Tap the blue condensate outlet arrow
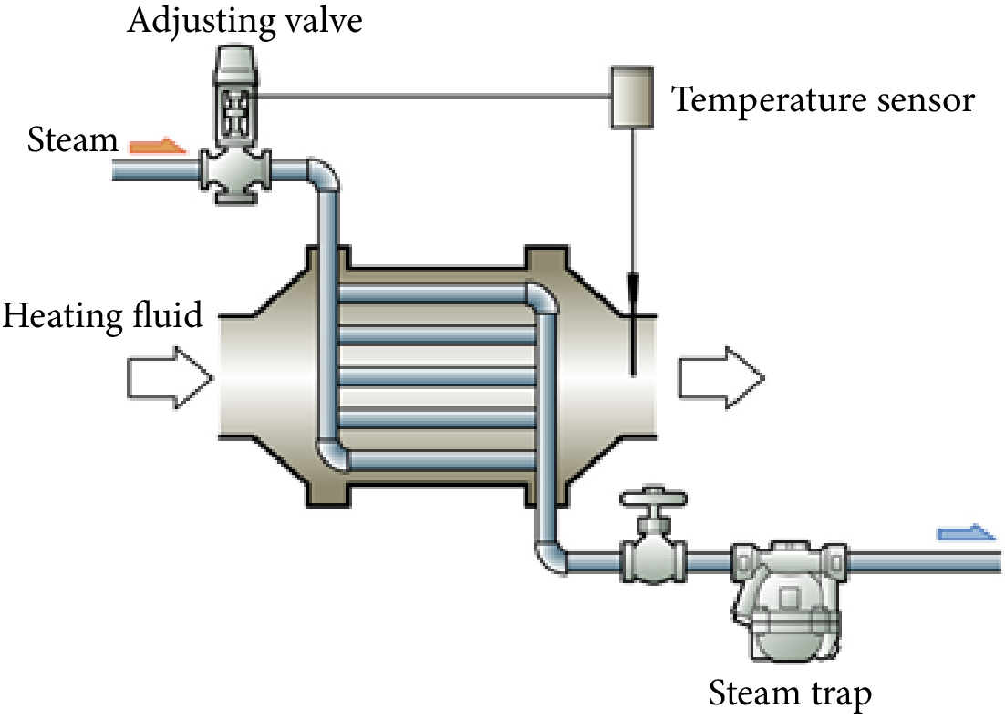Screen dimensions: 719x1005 [x=967, y=531]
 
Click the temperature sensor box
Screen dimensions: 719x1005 [x=631, y=96]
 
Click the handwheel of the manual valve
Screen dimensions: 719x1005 [x=652, y=498]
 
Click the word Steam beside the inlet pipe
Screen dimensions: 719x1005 [x=73, y=140]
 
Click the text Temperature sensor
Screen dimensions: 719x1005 [x=824, y=99]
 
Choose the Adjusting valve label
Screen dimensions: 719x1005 [x=244, y=20]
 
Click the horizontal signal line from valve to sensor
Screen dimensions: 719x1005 [x=429, y=95]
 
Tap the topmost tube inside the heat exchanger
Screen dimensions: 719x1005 [x=429, y=293]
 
